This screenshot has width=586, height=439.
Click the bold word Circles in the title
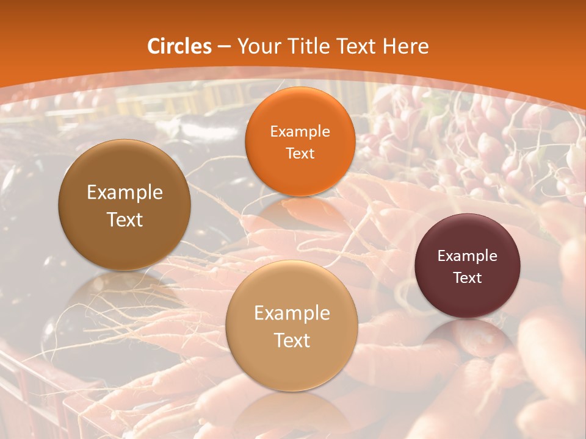click(179, 46)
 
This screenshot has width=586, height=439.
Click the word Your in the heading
click(256, 46)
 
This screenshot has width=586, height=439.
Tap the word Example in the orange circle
click(300, 131)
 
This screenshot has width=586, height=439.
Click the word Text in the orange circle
click(300, 153)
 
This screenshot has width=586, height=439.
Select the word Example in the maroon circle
click(467, 255)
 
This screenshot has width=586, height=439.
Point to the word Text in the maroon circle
click(467, 277)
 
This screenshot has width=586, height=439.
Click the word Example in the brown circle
click(125, 193)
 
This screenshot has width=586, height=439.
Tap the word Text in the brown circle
click(125, 220)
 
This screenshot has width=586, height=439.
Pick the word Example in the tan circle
click(292, 313)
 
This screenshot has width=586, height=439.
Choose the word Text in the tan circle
click(292, 340)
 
